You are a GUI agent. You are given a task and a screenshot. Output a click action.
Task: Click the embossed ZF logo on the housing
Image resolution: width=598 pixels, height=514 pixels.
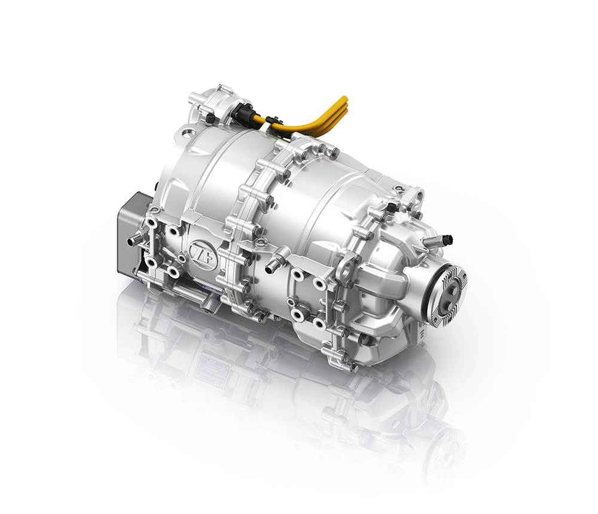[199, 250]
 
